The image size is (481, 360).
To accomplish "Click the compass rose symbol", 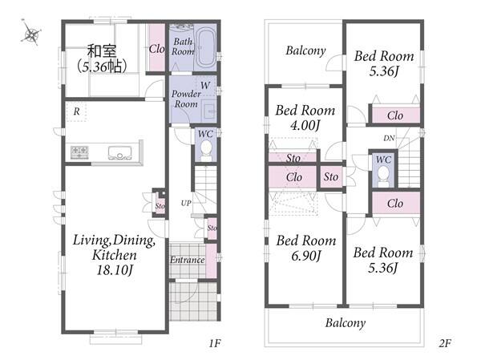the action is point(30,33).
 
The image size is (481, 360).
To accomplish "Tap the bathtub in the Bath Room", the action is point(205,48).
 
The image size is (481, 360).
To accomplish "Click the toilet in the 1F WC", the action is point(206,151).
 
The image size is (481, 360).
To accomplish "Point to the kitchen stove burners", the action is point(79,152).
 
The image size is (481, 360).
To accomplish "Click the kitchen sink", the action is point(120,153).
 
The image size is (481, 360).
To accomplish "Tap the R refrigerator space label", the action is point(77,111).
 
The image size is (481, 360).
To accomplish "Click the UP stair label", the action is point(186,203).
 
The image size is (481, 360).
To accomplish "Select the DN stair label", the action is point(389,139).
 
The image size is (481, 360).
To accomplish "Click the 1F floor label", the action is point(215,343).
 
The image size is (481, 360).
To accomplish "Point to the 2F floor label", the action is point(444,343).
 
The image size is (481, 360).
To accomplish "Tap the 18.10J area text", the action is point(115,270).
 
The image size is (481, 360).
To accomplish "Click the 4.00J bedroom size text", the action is point(305,125).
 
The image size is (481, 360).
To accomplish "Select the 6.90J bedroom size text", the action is point(306,256).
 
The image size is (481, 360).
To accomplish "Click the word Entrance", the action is point(188,260).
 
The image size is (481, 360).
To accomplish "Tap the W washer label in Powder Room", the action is point(205,85).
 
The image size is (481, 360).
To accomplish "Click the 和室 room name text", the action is point(102,51).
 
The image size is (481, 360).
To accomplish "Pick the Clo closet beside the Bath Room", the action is point(157,48).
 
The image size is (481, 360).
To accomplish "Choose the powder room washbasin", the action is point(210,110).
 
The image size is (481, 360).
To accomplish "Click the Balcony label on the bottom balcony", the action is point(346,323).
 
